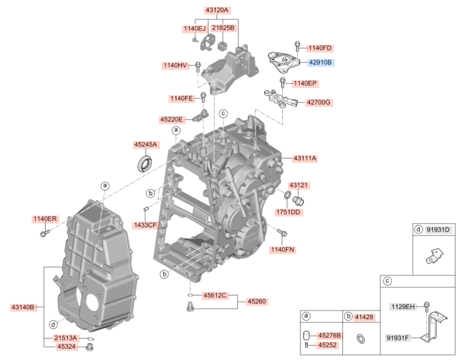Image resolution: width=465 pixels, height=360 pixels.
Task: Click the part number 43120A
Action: (x=217, y=10)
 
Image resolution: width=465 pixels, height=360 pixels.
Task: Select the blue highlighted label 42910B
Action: (x=320, y=63)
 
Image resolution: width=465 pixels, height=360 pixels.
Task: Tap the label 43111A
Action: (x=305, y=158)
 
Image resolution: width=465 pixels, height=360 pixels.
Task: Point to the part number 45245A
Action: (x=145, y=144)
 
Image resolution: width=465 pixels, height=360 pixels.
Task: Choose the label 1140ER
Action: (x=45, y=219)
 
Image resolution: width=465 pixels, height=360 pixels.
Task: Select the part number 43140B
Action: (x=23, y=307)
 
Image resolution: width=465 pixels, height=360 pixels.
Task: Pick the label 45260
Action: (x=257, y=301)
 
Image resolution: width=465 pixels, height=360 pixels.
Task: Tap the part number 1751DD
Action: (x=288, y=212)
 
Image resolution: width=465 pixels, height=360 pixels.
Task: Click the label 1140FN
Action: (x=282, y=249)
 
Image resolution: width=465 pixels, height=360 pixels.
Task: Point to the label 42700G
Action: (x=318, y=102)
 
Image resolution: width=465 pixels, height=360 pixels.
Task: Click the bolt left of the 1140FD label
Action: (x=298, y=46)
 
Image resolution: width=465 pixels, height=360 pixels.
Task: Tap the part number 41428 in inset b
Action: (x=364, y=317)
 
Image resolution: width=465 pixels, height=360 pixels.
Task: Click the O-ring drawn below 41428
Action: (x=361, y=339)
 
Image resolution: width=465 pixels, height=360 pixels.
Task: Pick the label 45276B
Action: (x=329, y=336)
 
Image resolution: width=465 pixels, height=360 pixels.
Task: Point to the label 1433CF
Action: (x=145, y=224)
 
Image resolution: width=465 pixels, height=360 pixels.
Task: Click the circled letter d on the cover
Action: (x=54, y=324)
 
